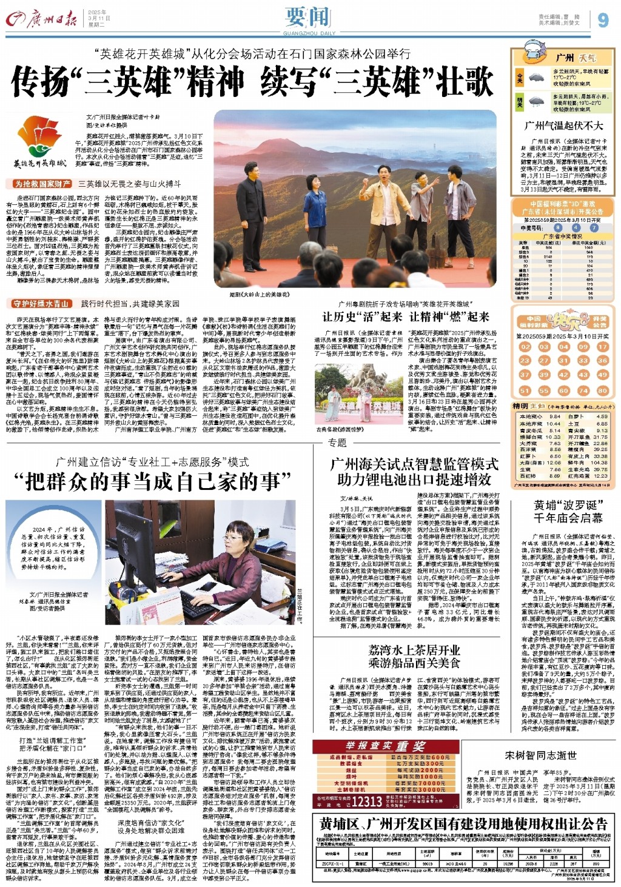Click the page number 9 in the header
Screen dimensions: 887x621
(x=602, y=20)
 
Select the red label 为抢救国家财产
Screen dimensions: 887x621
(x=42, y=184)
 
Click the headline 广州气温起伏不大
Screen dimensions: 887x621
(x=563, y=126)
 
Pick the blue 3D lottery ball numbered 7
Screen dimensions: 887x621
(x=594, y=228)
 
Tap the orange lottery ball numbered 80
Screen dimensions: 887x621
(x=602, y=391)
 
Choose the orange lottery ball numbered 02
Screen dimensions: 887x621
(x=525, y=347)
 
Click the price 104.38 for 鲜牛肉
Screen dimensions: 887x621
(x=599, y=463)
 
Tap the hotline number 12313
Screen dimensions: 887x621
(x=367, y=802)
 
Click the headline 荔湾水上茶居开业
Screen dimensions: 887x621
(x=414, y=650)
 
